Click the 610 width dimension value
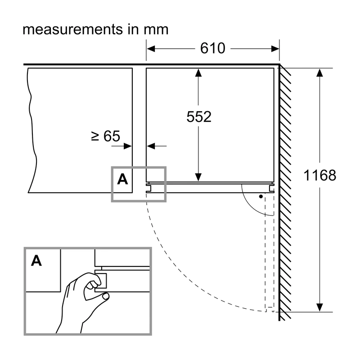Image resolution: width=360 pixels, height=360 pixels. point(212,48)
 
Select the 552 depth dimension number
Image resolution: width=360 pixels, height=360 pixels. point(199,117)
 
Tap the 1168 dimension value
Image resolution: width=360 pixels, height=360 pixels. point(320,175)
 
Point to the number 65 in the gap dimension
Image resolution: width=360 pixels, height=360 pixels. point(112,136)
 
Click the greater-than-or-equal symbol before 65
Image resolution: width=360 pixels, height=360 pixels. point(95,136)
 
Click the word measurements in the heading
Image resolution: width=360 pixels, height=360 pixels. point(73,29)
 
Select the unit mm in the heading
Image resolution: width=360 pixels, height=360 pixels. point(156,30)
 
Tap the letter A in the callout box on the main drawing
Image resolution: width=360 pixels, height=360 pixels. point(122,179)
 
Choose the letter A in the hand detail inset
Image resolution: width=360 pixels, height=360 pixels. point(36,261)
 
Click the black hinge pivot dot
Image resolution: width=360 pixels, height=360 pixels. point(261,197)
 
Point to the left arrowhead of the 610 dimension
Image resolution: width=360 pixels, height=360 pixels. point(151,49)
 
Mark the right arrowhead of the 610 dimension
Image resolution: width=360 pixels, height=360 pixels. point(275,49)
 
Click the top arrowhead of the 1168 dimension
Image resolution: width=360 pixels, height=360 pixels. point(319,72)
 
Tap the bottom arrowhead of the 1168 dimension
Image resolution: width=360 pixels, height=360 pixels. point(319,307)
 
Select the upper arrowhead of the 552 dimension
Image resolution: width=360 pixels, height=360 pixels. point(198,72)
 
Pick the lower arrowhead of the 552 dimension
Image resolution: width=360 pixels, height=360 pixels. point(198,177)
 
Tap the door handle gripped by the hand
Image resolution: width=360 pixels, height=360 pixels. point(101,280)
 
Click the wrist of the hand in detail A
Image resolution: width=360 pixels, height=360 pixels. point(69,326)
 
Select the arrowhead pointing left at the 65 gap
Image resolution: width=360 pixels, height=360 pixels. point(151,146)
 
